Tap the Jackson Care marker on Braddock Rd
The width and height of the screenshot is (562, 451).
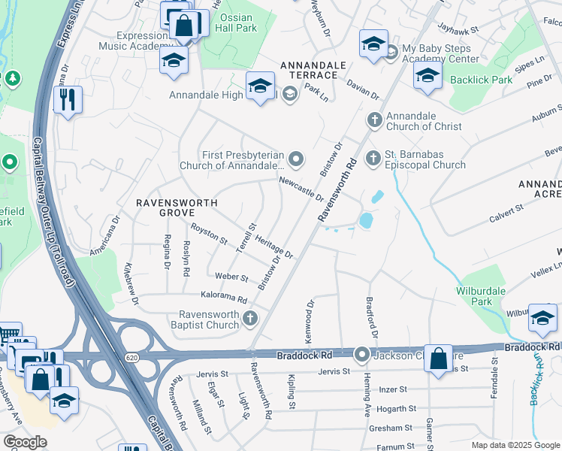[362, 353]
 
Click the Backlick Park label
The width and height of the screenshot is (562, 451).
[481, 80]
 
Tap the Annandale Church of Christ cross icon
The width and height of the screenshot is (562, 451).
[374, 120]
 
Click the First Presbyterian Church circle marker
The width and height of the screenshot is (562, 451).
[296, 159]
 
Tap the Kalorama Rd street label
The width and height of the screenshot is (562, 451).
[223, 298]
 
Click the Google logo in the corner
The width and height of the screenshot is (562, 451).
[24, 442]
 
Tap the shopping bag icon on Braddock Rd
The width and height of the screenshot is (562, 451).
[438, 359]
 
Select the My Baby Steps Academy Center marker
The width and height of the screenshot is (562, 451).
[391, 52]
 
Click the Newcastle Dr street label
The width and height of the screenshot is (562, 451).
[300, 189]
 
